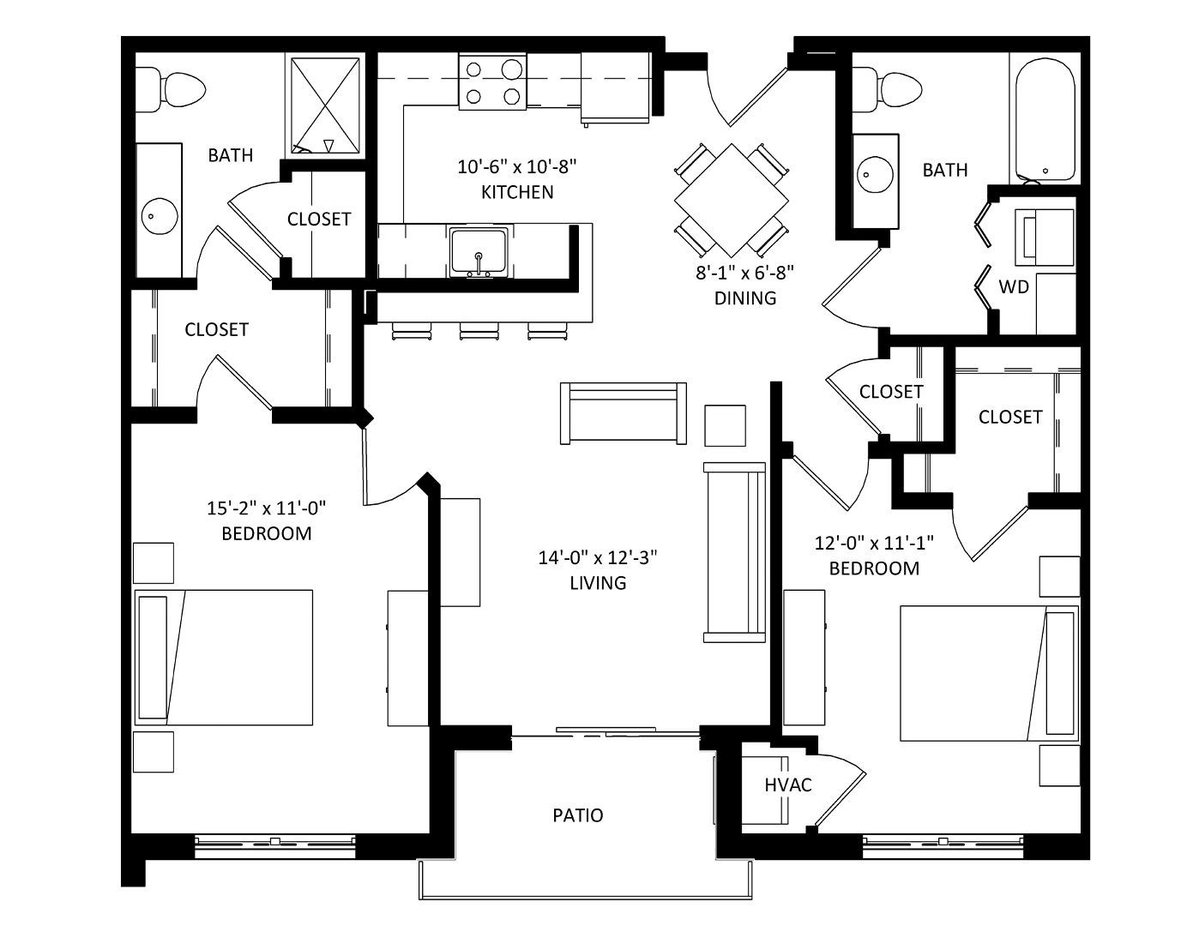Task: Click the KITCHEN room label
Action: click(x=517, y=192)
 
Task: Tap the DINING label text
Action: click(x=745, y=298)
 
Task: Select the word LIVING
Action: click(x=598, y=583)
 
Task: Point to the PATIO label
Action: click(x=578, y=815)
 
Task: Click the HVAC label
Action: click(x=788, y=785)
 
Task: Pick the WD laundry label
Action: click(x=1014, y=286)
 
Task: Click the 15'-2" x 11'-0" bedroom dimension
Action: click(x=267, y=508)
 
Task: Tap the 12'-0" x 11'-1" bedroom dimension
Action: click(x=874, y=544)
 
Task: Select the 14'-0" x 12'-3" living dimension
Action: click(x=598, y=557)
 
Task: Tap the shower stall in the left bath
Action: click(x=325, y=106)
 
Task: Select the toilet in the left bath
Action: click(x=171, y=89)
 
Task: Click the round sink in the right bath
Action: click(x=876, y=175)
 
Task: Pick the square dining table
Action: click(x=732, y=201)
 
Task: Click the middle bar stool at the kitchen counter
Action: click(x=479, y=330)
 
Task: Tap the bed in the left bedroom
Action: click(x=224, y=658)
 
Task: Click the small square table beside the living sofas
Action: click(x=726, y=426)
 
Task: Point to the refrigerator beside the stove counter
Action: click(x=615, y=88)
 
